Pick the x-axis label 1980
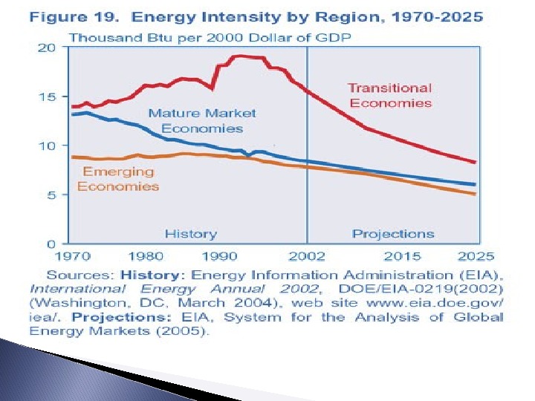tap(146, 256)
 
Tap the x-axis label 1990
tap(220, 256)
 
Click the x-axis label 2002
tap(307, 256)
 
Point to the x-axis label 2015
tap(401, 256)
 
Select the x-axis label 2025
tap(476, 256)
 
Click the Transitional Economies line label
tap(390, 95)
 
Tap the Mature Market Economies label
tap(201, 120)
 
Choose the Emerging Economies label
tap(118, 178)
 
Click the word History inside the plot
tap(190, 234)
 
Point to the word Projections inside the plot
tap(393, 234)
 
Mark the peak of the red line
tap(239, 56)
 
